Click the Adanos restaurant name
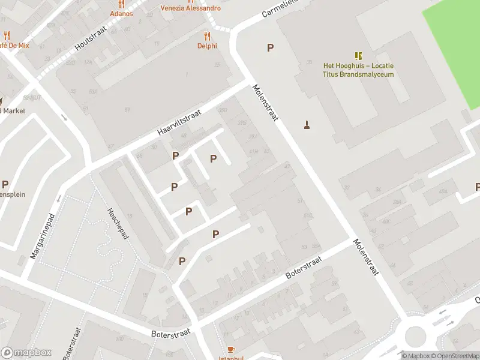[121, 13]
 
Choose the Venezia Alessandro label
[190, 8]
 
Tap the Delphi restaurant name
[207, 46]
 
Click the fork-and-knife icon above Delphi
[207, 36]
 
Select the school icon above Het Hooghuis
[358, 56]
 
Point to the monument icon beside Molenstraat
[307, 125]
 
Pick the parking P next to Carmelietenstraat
[271, 48]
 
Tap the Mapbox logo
[26, 353]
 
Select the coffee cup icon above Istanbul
[231, 349]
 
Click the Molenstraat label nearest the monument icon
[266, 103]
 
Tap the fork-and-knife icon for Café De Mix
[7, 35]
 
